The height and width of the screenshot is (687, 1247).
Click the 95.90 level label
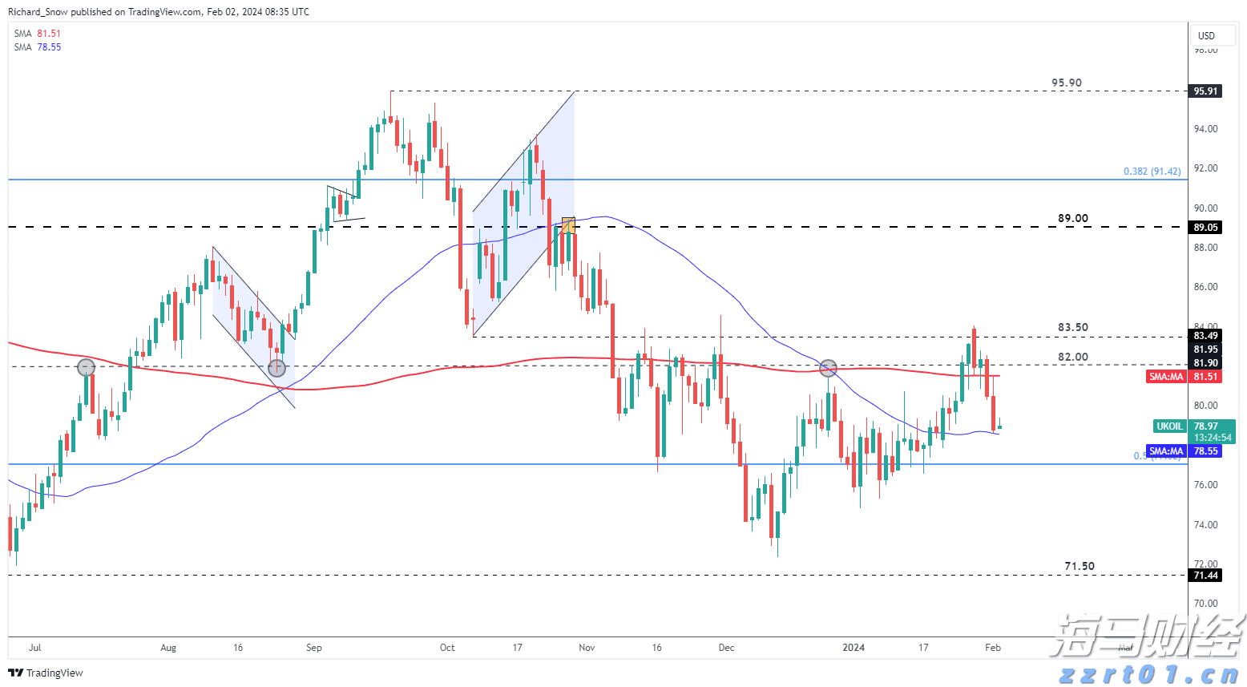coord(1066,83)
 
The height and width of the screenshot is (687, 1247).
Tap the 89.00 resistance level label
coord(1072,218)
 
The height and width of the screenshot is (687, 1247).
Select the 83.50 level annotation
coord(1072,327)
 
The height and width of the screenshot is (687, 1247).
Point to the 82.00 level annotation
coord(1072,357)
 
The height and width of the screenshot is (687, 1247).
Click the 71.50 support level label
coord(1079,566)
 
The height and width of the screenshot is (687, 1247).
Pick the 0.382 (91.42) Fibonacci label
coord(1152,172)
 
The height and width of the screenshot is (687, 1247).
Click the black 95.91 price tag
coord(1205,91)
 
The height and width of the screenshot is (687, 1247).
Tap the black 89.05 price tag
coord(1205,227)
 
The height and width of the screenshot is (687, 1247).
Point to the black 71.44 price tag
coord(1205,576)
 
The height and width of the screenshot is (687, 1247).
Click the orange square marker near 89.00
coord(568,225)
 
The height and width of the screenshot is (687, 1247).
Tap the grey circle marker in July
coord(86,368)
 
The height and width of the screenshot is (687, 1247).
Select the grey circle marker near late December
coord(829,369)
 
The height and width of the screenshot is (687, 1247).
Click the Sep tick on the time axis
coord(313,648)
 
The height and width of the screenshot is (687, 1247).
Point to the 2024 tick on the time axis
coord(854,648)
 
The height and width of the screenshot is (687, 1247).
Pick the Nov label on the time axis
coord(587,648)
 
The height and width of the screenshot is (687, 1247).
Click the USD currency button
coord(1206,35)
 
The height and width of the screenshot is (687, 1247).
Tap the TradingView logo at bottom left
coord(46,673)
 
